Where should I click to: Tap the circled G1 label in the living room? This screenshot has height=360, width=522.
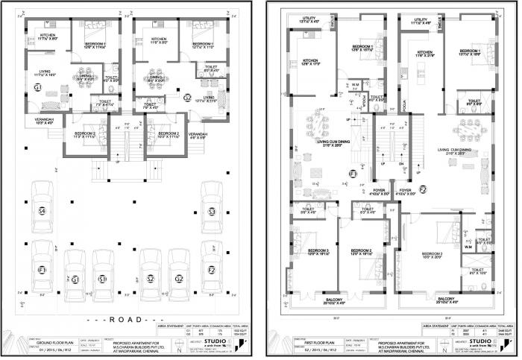pos(37,89)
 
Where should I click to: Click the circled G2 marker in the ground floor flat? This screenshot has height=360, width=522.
pos(187,96)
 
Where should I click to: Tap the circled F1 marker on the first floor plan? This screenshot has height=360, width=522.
pos(353,174)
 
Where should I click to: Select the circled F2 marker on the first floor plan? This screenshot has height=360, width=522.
pos(422,190)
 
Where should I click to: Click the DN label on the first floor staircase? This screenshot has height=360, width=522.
pos(401,163)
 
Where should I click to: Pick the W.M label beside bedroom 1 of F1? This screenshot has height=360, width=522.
pos(355,84)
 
